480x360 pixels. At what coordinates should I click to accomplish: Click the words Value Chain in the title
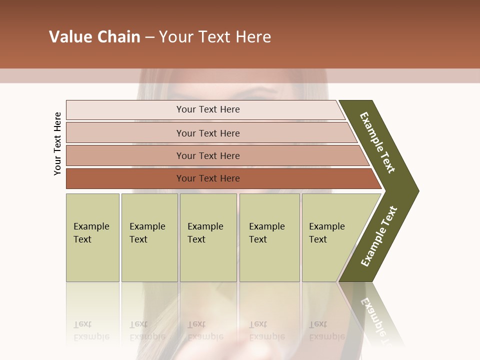click(94, 37)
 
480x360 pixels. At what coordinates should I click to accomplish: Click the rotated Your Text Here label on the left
click(57, 143)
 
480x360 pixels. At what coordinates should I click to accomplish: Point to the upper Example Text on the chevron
click(377, 142)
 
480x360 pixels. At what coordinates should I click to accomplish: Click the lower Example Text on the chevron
click(379, 236)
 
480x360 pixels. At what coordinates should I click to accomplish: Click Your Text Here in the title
click(215, 37)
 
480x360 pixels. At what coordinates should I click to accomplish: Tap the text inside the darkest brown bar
click(208, 178)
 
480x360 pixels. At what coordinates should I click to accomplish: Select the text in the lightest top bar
click(208, 109)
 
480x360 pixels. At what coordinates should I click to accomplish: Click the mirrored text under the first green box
click(91, 330)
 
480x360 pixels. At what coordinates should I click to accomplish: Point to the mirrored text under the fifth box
click(326, 330)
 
